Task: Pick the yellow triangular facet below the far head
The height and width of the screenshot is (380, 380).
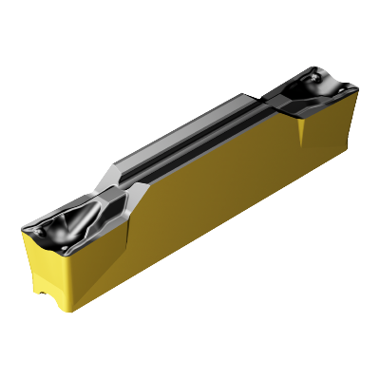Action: [x=302, y=128]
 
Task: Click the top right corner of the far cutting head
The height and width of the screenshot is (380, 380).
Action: [x=357, y=91]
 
